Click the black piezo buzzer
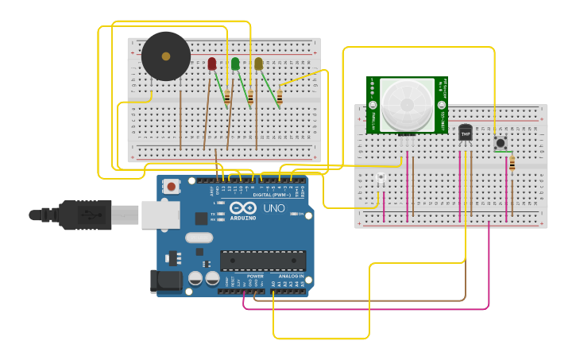coord(166,56)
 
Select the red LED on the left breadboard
coord(211,64)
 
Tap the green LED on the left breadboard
coord(235,64)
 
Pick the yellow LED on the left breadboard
coord(258,64)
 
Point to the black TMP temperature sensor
coord(465,132)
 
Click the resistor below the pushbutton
coord(512,163)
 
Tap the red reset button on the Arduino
coord(171,187)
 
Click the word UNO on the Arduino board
coord(273,208)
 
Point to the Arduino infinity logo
coord(243,208)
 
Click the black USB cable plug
coord(79,215)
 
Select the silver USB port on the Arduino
coord(160,215)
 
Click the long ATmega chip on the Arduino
coord(262,261)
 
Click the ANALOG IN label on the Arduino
coord(290,276)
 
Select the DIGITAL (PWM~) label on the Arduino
coord(272,195)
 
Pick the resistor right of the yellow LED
coord(279,98)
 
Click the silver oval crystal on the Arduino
coord(200,237)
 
